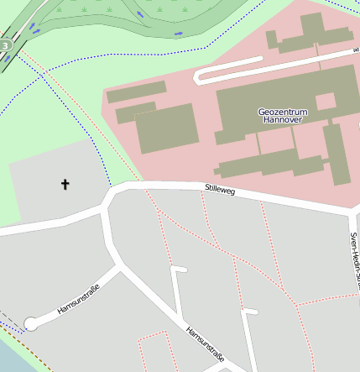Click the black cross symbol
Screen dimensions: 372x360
(65, 183)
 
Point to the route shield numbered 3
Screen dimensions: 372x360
(6, 45)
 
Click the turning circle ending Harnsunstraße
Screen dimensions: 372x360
(31, 323)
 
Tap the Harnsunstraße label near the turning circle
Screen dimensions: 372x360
(78, 300)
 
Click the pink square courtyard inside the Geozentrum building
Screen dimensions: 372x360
(325, 102)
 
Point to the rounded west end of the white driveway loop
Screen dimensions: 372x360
(200, 77)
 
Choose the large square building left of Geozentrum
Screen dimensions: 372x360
(166, 128)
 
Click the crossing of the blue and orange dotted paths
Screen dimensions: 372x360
(44, 73)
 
